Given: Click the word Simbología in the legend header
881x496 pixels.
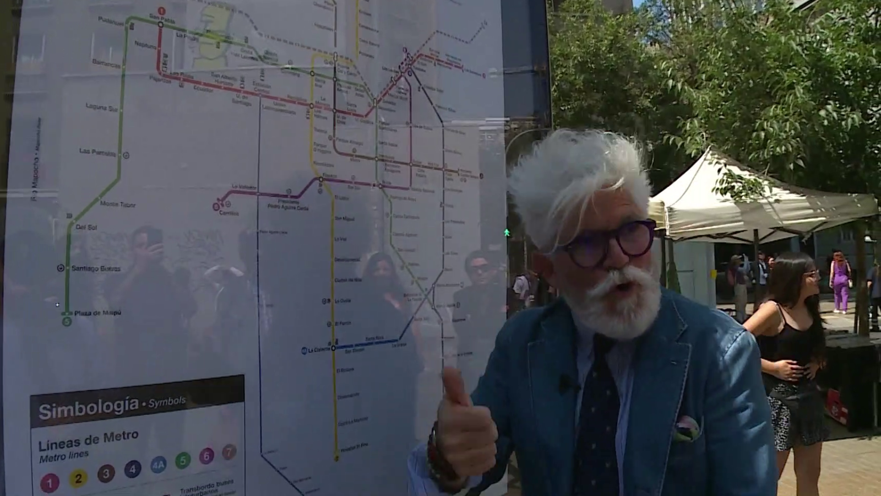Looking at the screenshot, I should click(x=88, y=408).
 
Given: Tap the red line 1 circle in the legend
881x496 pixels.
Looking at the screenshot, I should click(x=50, y=483).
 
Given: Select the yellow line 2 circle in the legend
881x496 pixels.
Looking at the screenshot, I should click(x=78, y=478).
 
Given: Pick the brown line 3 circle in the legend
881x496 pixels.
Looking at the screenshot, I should click(x=106, y=473).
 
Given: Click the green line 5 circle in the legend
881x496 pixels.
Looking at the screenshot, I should click(x=183, y=460).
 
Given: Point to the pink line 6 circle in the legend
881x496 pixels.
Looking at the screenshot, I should click(x=206, y=456).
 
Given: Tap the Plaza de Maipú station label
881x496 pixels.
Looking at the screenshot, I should click(x=97, y=313).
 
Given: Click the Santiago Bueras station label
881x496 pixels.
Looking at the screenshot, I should click(x=96, y=268).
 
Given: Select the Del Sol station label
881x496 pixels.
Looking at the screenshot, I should click(x=86, y=227).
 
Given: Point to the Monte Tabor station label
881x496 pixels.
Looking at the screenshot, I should click(x=118, y=204).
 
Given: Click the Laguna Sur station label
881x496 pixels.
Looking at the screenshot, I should click(x=102, y=107).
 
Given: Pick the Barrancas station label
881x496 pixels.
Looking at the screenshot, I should click(x=106, y=64).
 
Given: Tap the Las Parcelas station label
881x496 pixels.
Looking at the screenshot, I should click(x=97, y=152).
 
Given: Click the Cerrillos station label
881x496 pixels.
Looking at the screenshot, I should click(x=229, y=213).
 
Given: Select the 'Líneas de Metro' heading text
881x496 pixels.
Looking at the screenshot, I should click(x=88, y=439).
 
